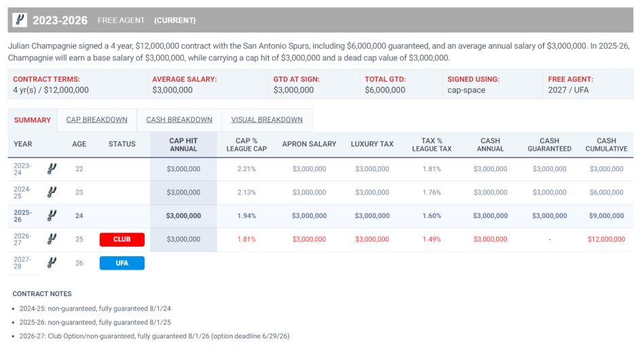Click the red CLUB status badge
click(x=122, y=239)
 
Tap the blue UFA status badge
click(x=122, y=263)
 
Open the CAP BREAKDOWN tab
click(x=96, y=120)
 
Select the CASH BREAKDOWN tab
click(x=179, y=120)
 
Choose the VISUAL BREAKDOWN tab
click(x=267, y=120)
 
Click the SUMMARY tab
click(x=33, y=120)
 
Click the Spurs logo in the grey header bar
click(x=20, y=20)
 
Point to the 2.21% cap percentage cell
click(x=246, y=169)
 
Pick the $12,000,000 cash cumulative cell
click(x=606, y=239)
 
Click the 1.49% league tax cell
click(x=431, y=239)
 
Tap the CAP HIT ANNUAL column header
click(x=183, y=144)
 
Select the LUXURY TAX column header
click(x=372, y=144)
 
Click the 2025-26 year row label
click(x=23, y=216)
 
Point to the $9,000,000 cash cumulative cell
click(x=606, y=216)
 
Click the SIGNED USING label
click(x=473, y=79)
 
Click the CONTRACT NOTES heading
click(x=42, y=293)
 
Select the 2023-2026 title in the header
click(x=60, y=20)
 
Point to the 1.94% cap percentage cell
click(x=246, y=216)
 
